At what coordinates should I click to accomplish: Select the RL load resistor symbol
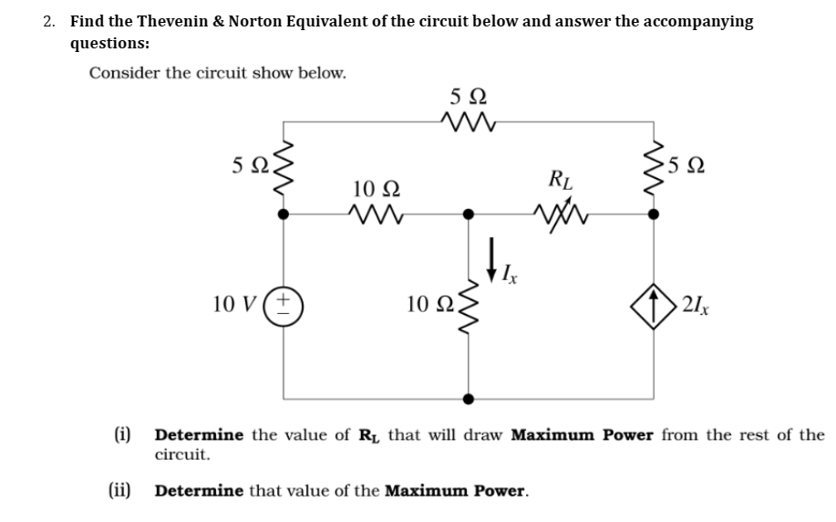[558, 216]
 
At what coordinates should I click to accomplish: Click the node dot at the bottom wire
[468, 399]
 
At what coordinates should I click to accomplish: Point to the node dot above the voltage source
[283, 215]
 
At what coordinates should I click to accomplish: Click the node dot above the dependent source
[651, 215]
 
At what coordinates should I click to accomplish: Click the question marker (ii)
[118, 491]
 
